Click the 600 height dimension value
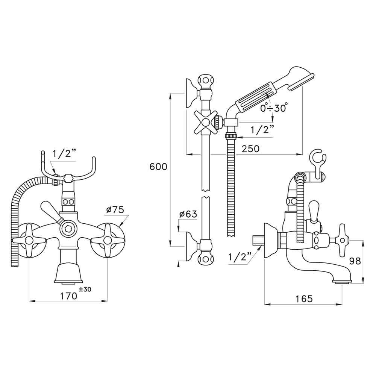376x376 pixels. (158, 167)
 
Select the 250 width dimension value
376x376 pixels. (250, 149)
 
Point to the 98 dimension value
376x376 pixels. (354, 261)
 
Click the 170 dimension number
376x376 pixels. (69, 296)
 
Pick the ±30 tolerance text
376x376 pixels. (85, 290)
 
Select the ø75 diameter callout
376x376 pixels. (115, 210)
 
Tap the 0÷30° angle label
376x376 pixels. (274, 108)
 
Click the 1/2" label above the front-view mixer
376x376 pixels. (64, 153)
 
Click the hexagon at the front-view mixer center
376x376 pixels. (68, 229)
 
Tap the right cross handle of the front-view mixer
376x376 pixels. (108, 240)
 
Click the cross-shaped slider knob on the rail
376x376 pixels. (205, 122)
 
